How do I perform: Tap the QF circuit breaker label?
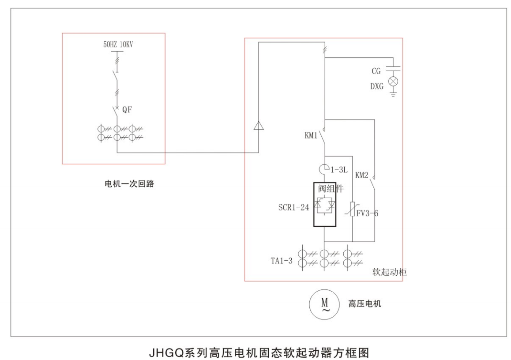(127, 110)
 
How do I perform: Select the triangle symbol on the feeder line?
(259, 126)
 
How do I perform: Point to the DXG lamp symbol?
(393, 81)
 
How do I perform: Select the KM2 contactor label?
(362, 175)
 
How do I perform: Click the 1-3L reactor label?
(339, 168)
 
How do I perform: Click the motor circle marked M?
(325, 304)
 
